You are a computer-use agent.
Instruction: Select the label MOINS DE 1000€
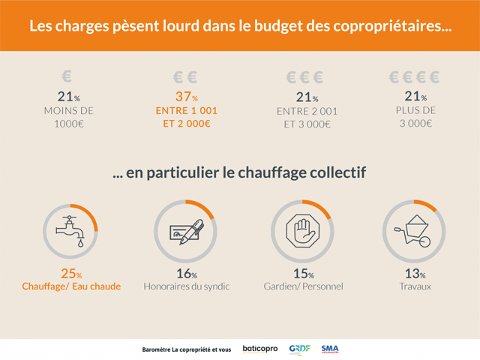pyautogui.click(x=70, y=117)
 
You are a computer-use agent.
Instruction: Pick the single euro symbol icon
pyautogui.click(x=67, y=76)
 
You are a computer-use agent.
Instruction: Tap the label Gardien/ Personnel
pyautogui.click(x=301, y=286)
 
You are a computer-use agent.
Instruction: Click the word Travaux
pyautogui.click(x=412, y=286)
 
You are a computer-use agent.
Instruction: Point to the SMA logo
pyautogui.click(x=330, y=349)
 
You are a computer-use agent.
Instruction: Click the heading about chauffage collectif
pyautogui.click(x=239, y=173)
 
